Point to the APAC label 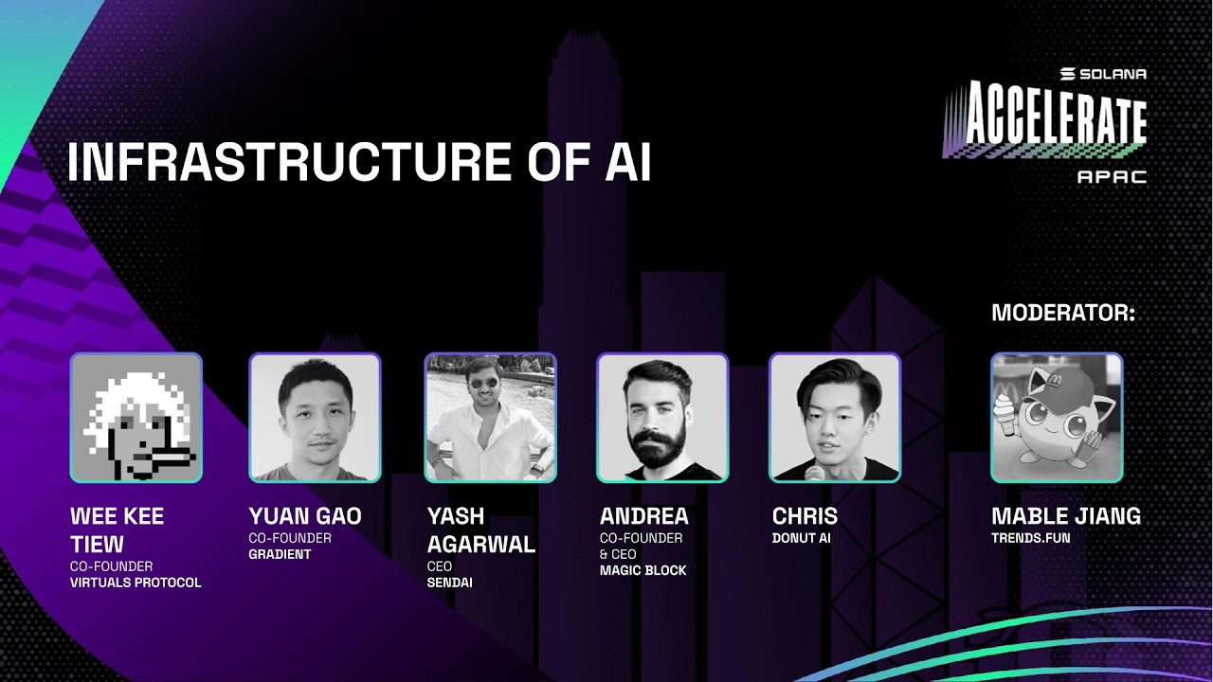pyautogui.click(x=1112, y=177)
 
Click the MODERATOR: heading pyautogui.click(x=1062, y=314)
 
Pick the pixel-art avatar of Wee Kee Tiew pyautogui.click(x=136, y=418)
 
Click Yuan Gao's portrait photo pyautogui.click(x=315, y=418)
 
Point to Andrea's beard pyautogui.click(x=661, y=445)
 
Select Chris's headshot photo pyautogui.click(x=834, y=418)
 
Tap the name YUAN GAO pyautogui.click(x=305, y=517)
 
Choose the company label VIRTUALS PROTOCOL pyautogui.click(x=136, y=583)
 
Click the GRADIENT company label pyautogui.click(x=280, y=554)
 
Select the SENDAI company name pyautogui.click(x=449, y=583)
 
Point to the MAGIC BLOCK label pyautogui.click(x=643, y=570)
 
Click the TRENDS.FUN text pyautogui.click(x=1030, y=538)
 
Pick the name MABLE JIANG pyautogui.click(x=1065, y=517)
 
